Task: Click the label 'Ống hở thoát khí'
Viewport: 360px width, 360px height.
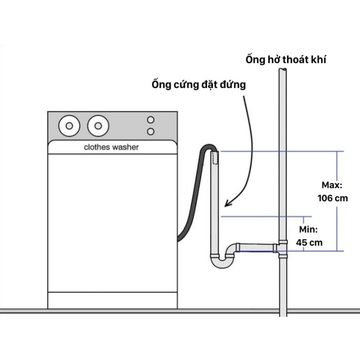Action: [286, 59]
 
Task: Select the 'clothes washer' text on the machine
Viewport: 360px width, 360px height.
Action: [112, 147]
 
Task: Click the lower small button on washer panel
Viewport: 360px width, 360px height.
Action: [151, 131]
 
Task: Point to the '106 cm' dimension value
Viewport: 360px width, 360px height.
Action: [333, 198]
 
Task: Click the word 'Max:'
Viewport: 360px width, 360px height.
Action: [333, 185]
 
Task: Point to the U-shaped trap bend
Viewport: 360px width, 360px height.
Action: [220, 262]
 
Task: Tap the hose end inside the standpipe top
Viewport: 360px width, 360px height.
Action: [215, 157]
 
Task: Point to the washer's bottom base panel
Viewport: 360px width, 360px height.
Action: [112, 300]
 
